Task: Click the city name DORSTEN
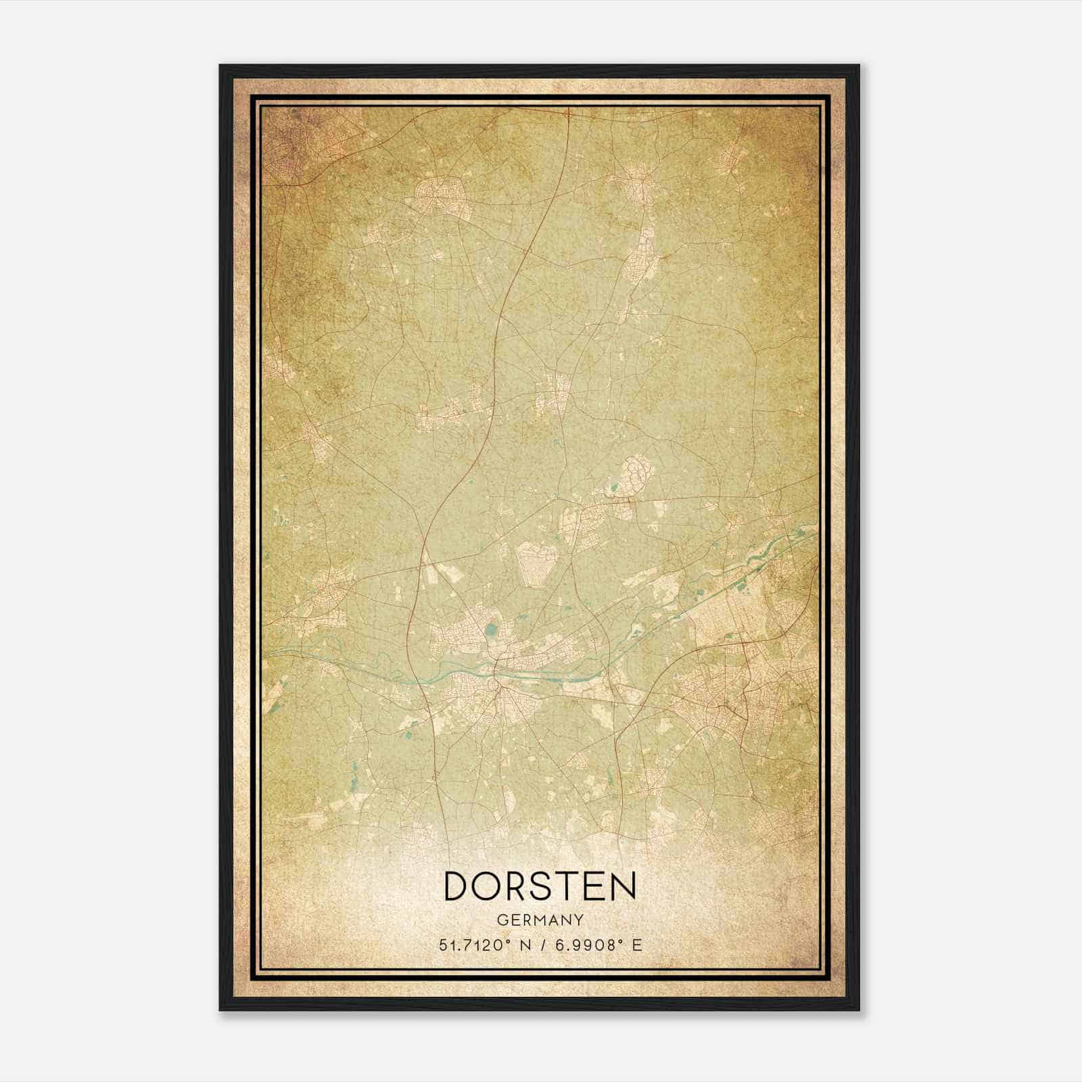(540, 886)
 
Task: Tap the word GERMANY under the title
(540, 920)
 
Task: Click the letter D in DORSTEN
(458, 886)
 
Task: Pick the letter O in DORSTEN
(487, 886)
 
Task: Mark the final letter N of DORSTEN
(622, 886)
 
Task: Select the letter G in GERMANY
(502, 920)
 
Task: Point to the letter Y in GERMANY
(580, 920)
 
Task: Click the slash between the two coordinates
(541, 945)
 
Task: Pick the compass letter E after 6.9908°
(636, 945)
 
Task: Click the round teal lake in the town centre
(489, 631)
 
